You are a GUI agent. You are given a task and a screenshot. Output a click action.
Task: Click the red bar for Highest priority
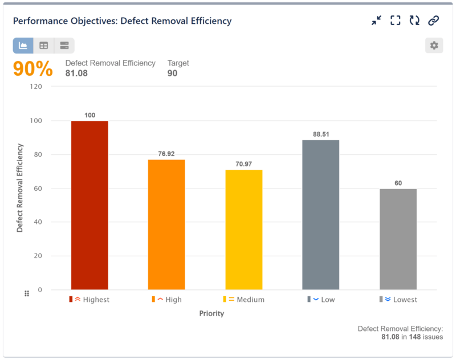click(89, 205)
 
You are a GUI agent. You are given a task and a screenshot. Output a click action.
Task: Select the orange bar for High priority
click(166, 224)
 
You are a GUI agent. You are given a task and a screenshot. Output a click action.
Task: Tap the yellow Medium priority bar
click(244, 230)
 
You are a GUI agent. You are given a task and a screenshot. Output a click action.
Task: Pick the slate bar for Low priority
click(321, 215)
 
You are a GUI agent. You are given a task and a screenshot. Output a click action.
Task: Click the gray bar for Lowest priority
click(398, 239)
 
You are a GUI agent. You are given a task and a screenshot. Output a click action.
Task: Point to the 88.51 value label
click(321, 134)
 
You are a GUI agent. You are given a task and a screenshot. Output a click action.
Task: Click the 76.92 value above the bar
click(166, 154)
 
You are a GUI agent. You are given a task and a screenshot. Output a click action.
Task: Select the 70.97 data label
click(244, 164)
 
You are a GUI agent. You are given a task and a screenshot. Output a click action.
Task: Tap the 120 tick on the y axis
click(36, 87)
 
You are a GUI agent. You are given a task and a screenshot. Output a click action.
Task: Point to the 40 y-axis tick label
click(38, 222)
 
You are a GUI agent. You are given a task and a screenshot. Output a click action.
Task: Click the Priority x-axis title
click(211, 313)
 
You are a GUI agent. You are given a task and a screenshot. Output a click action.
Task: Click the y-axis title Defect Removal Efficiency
click(20, 187)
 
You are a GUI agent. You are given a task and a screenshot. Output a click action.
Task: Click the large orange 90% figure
click(32, 69)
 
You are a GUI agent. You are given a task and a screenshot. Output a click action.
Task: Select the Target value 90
click(172, 73)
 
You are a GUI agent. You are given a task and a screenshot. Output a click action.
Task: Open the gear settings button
click(434, 46)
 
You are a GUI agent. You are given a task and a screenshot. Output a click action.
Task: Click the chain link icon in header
click(434, 21)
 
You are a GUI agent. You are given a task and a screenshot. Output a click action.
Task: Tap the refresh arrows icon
click(414, 21)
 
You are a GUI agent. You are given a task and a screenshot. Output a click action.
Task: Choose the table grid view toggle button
click(44, 46)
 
